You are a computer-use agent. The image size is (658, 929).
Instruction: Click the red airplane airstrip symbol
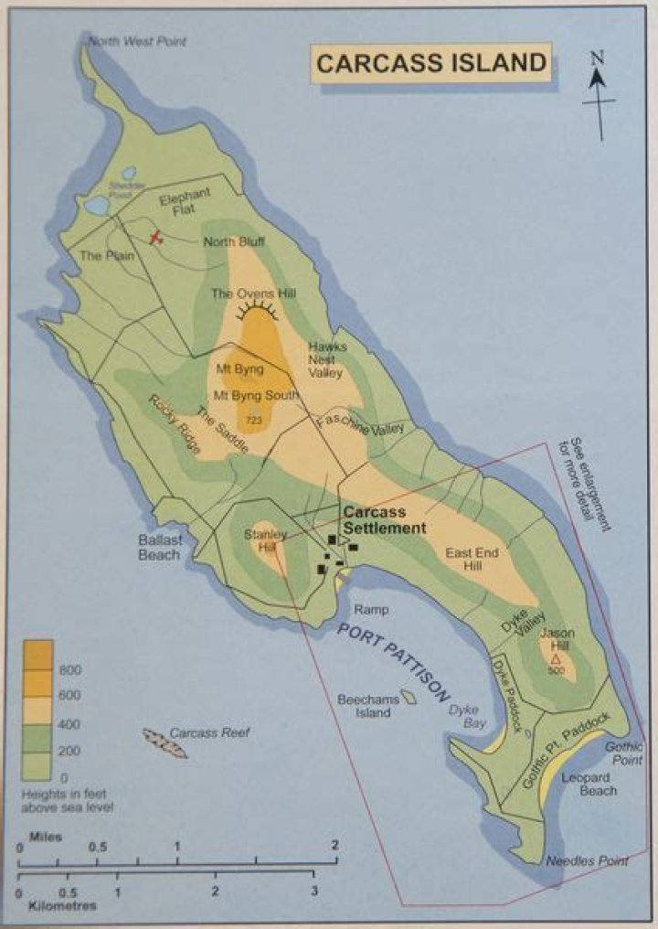click(157, 238)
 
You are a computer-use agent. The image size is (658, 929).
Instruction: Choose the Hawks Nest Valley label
click(325, 359)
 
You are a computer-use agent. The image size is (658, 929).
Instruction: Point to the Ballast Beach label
click(161, 547)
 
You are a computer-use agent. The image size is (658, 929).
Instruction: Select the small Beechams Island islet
click(411, 699)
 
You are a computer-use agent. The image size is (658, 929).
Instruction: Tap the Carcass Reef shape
click(165, 742)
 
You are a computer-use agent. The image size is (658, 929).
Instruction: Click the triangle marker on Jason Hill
click(557, 657)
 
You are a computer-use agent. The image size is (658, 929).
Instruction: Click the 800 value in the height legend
click(70, 670)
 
